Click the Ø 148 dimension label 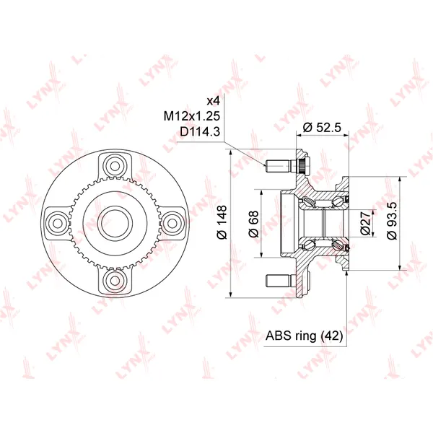pos(222,222)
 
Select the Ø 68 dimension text pos(253,224)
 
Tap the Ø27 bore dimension pos(365,223)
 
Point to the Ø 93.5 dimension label pos(392,221)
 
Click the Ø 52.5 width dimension pos(322,128)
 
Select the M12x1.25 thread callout pos(192,116)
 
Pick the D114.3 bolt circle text pos(200,132)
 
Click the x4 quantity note pos(214,101)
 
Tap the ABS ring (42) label pos(304,336)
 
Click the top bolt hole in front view pos(115,166)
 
